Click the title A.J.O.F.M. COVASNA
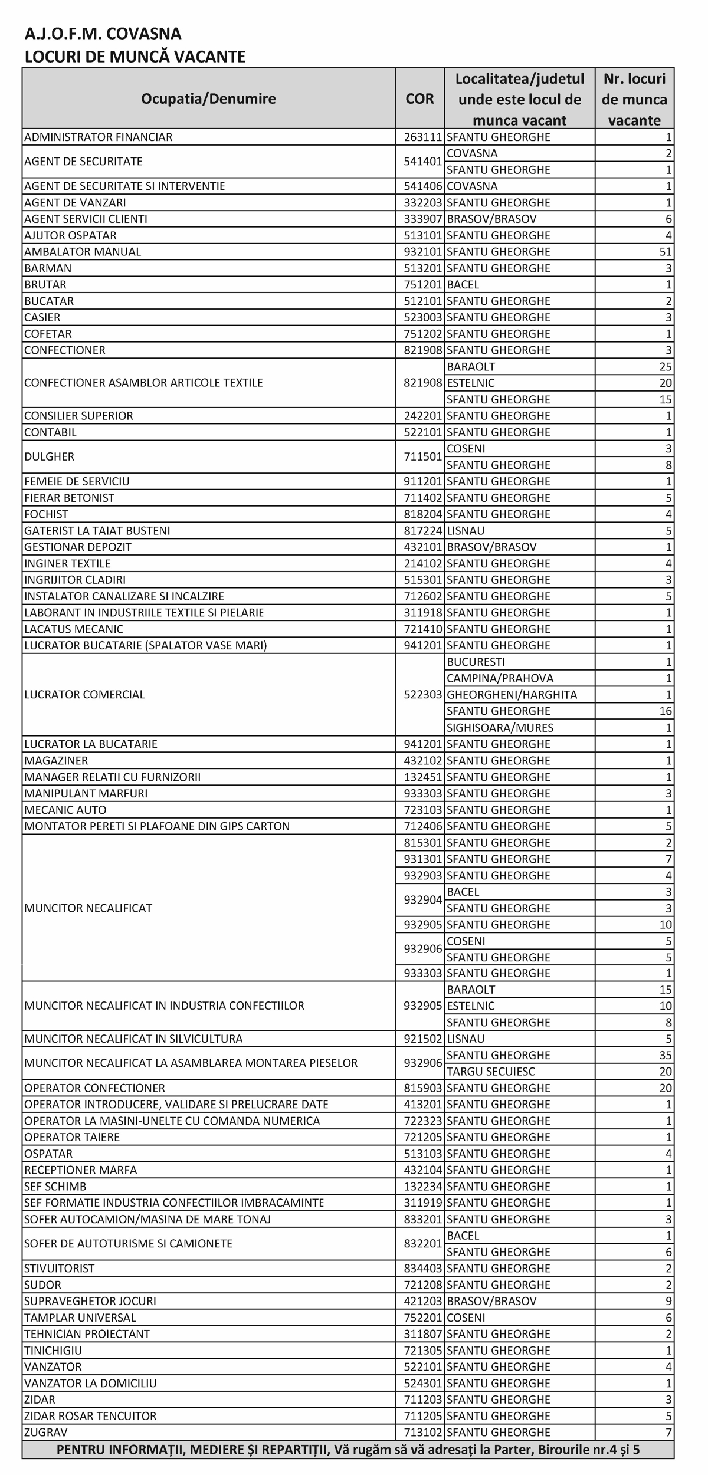(x=103, y=34)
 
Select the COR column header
(x=419, y=98)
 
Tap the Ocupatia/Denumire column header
(x=208, y=98)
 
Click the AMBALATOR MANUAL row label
(x=83, y=252)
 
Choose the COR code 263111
(x=422, y=137)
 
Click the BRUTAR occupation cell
(x=45, y=285)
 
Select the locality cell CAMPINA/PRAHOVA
(x=500, y=678)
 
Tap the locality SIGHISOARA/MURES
(x=500, y=728)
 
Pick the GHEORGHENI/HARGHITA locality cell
(x=512, y=695)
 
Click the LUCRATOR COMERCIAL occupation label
(x=84, y=695)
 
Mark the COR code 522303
(x=422, y=695)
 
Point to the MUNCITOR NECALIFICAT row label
(x=88, y=908)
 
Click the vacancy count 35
(x=666, y=1055)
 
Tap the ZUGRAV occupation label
(x=46, y=1433)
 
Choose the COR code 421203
(x=422, y=1301)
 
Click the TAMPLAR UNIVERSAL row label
(x=80, y=1318)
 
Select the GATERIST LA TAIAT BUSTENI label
(x=97, y=531)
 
